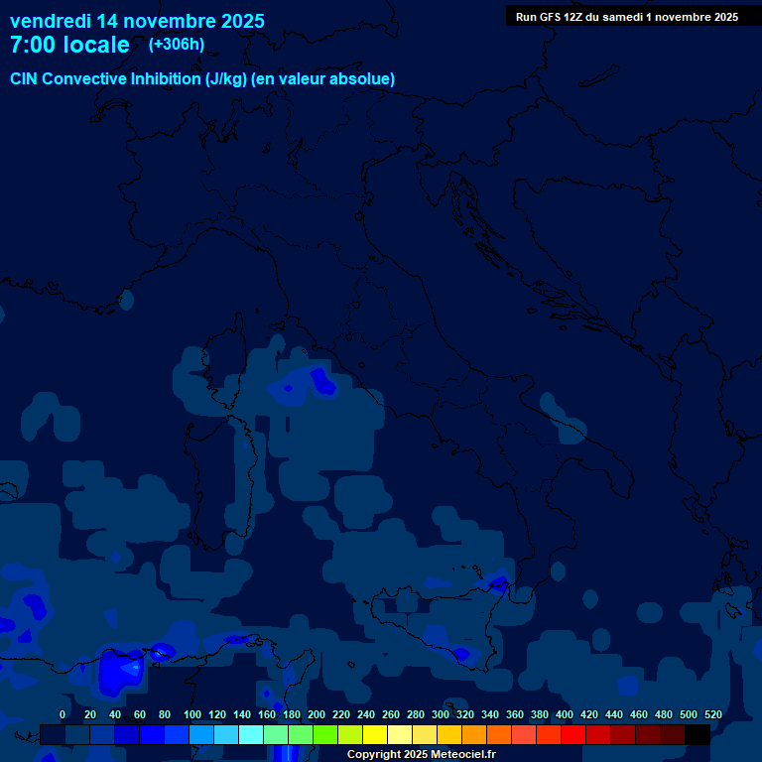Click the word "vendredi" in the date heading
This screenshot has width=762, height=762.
(x=51, y=21)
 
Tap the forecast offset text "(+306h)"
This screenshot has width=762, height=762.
(x=177, y=44)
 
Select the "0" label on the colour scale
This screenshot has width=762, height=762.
(x=63, y=714)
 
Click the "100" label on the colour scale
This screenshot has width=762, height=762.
(x=192, y=714)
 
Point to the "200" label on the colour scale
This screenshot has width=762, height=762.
(x=317, y=714)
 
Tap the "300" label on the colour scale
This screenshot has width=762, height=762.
(x=441, y=714)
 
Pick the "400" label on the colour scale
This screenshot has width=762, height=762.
(x=565, y=714)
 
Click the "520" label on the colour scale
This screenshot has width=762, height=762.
(x=713, y=714)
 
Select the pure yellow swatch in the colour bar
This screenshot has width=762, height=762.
(x=375, y=734)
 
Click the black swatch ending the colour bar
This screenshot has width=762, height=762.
(x=698, y=734)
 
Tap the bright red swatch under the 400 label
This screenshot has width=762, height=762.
(x=573, y=734)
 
